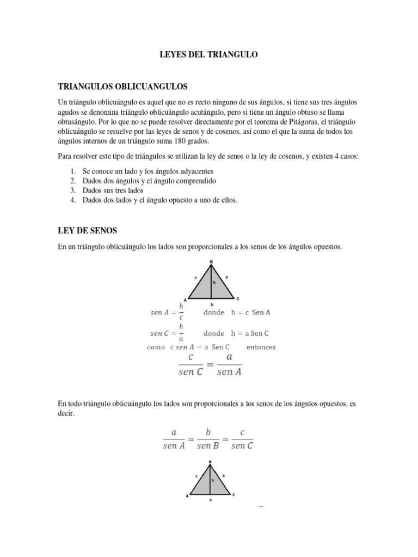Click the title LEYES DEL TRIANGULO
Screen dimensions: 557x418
pos(208,54)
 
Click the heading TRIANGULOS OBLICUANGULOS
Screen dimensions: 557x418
pos(122,86)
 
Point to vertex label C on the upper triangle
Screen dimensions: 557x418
pos(238,299)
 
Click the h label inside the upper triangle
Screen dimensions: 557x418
pos(214,283)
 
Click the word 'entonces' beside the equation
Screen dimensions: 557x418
pos(261,347)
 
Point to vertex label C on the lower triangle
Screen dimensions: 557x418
pos(234,494)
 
